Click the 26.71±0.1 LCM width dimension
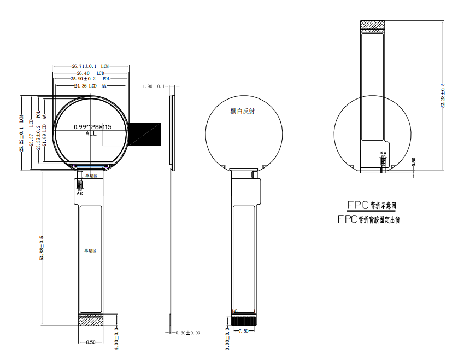click(x=90, y=66)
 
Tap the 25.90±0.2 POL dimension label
click(x=91, y=79)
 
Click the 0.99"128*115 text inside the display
click(x=92, y=127)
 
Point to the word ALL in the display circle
click(x=91, y=133)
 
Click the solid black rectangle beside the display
click(x=144, y=134)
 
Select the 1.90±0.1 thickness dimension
click(x=152, y=86)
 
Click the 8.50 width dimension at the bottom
click(x=91, y=342)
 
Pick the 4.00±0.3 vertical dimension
click(x=116, y=338)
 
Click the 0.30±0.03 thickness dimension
click(x=187, y=333)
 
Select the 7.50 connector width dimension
click(x=244, y=331)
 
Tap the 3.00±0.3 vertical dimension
click(x=228, y=338)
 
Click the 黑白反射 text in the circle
click(x=242, y=111)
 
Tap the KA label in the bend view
click(x=383, y=153)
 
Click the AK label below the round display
click(x=80, y=194)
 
